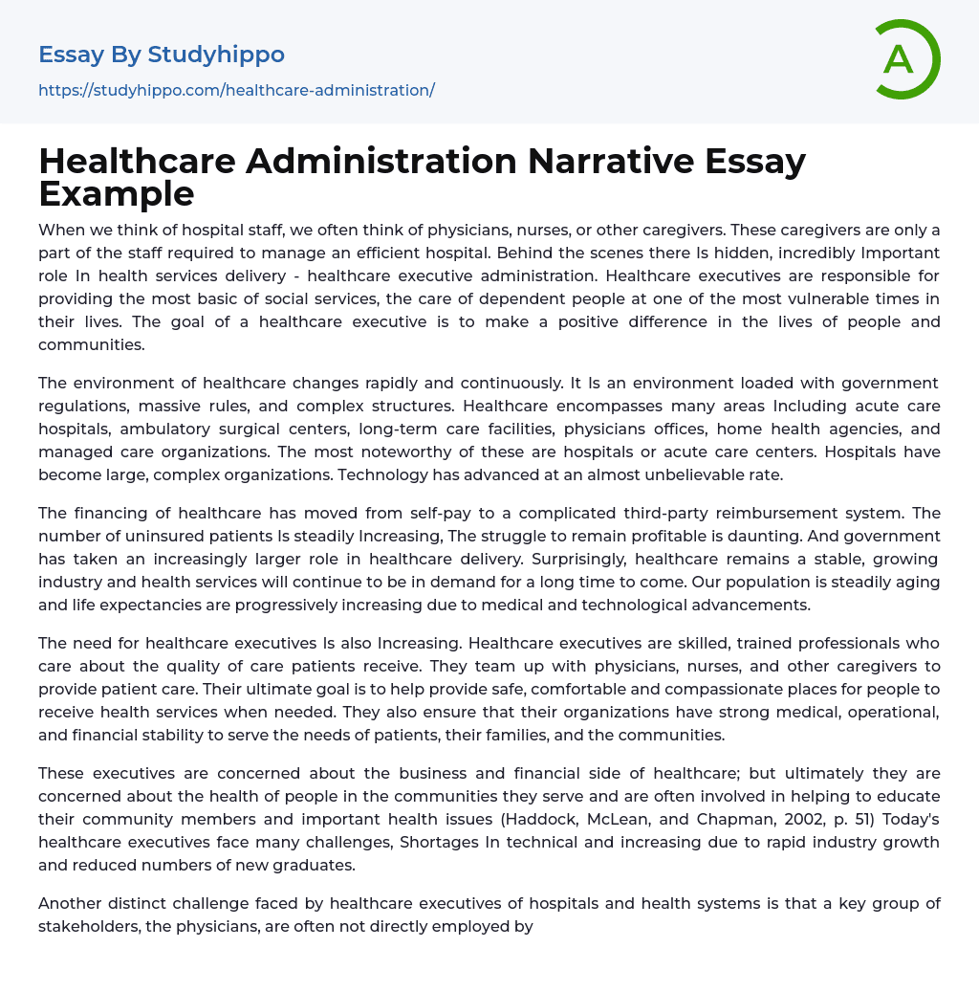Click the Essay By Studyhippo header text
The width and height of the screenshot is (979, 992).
click(x=162, y=55)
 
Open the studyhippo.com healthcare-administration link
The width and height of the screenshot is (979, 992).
click(x=236, y=90)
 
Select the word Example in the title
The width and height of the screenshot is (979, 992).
click(x=117, y=194)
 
